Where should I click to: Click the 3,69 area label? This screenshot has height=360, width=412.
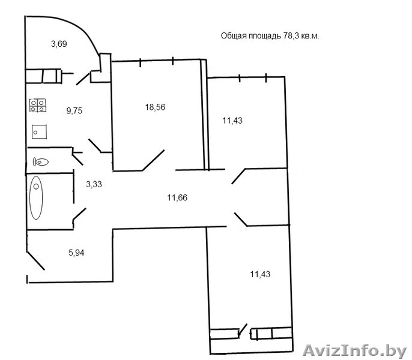pos(59,44)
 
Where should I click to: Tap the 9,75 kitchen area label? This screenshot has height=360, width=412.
pos(74,110)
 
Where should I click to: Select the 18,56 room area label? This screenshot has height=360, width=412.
pos(155,107)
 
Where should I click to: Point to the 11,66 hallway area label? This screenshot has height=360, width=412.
pos(177,197)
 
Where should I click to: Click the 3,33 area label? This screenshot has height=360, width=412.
pos(94,184)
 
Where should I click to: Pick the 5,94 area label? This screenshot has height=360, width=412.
pos(76,253)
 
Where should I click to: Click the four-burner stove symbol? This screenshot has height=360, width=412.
pos(38,105)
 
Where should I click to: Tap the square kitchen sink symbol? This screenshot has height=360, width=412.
pos(40,132)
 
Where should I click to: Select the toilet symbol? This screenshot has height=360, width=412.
pos(41,162)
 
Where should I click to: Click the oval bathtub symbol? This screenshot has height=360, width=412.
pos(36,198)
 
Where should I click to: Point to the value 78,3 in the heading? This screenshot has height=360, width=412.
pos(291,36)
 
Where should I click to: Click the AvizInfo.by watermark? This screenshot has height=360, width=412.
pos(355,350)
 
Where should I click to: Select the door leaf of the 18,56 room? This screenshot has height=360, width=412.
pos(154,160)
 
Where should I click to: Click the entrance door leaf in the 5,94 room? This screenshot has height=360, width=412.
pos(35,260)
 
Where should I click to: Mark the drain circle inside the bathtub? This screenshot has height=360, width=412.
pos(36,187)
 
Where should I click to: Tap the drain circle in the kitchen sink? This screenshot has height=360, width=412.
pos(35,133)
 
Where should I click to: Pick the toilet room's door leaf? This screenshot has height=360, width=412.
pos(78,160)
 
